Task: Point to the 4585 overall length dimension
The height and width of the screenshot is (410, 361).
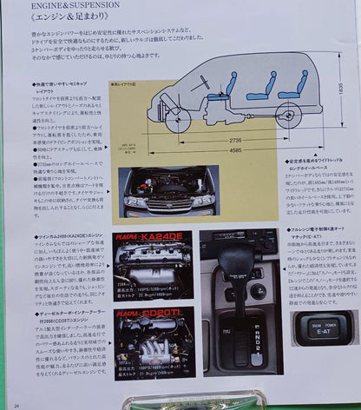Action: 232,149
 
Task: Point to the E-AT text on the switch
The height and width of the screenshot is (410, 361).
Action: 320,331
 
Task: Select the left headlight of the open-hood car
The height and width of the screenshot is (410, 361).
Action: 135,202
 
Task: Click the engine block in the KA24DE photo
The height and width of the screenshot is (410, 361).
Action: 148,265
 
